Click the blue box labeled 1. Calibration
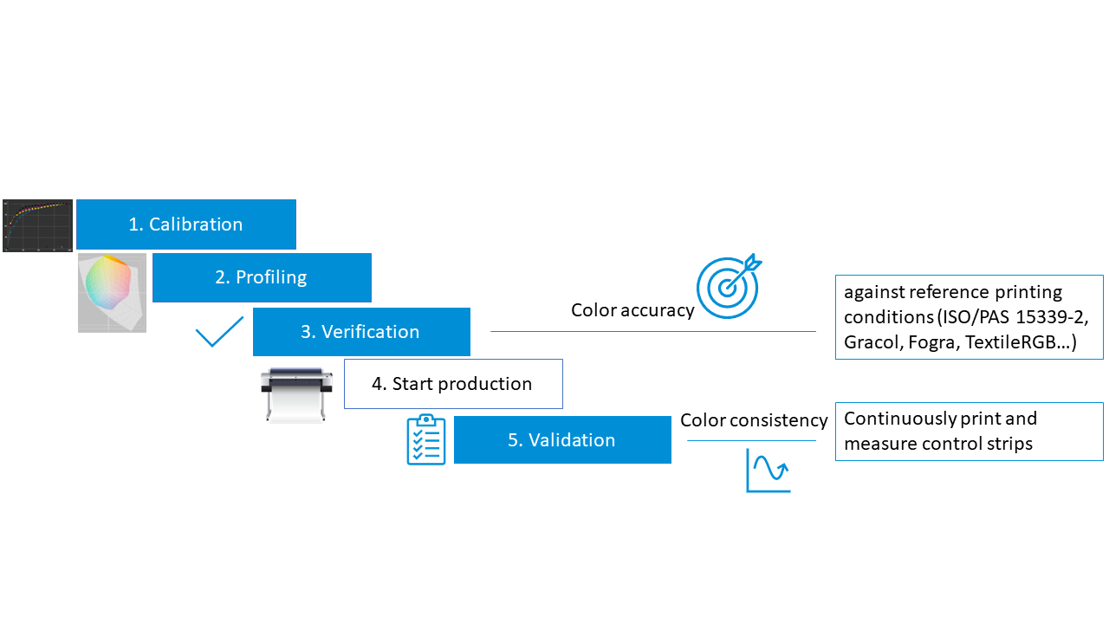coord(185,224)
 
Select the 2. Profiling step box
coord(262,277)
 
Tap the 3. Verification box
coord(361,332)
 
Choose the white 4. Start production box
coord(452,384)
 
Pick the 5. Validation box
coord(561,439)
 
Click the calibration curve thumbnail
coord(37,225)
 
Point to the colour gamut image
coord(112,293)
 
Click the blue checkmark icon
coord(219,331)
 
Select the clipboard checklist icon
coord(426,439)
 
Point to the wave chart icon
coord(768,471)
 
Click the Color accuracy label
coord(632,310)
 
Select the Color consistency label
coord(754,420)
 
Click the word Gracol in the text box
coord(872,342)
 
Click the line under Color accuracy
coord(652,331)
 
